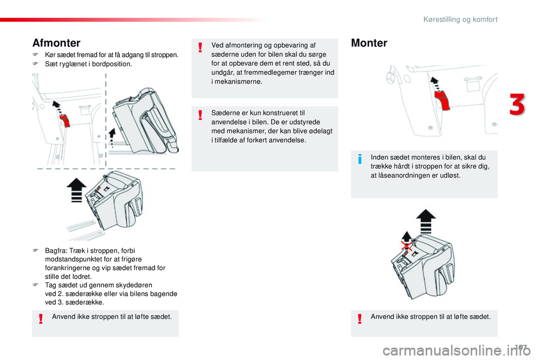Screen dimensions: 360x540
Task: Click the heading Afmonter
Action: point(56,43)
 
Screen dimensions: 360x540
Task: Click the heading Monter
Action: point(369,43)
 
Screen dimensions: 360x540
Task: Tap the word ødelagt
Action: point(319,131)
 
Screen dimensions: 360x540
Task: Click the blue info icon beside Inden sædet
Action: point(361,161)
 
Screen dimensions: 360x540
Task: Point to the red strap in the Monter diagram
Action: point(443,100)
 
